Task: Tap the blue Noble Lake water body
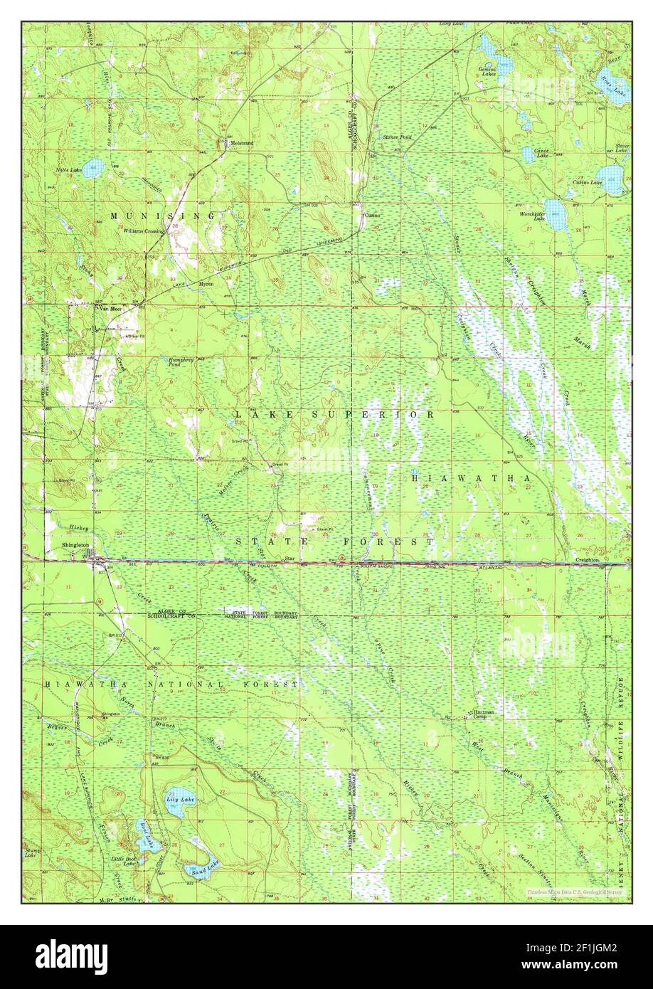(92, 169)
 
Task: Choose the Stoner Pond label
(397, 137)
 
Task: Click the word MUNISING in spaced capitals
(161, 215)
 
